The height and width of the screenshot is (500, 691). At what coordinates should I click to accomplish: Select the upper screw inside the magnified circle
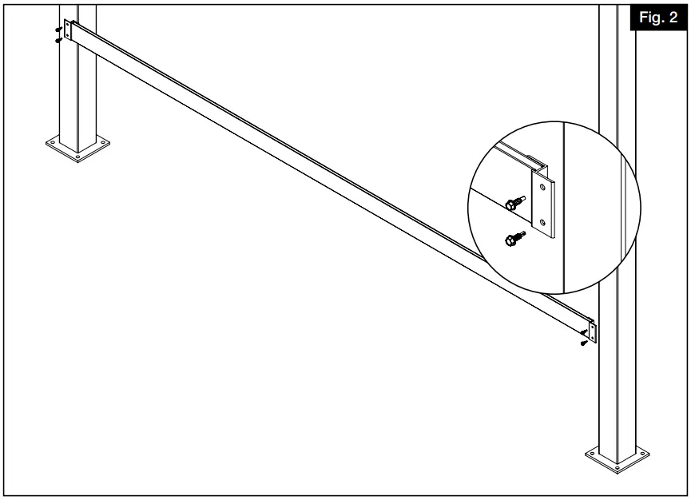click(514, 204)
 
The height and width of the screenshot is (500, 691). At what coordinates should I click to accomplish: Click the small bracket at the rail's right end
click(592, 330)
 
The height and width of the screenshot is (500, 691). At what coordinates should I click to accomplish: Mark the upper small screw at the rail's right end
click(586, 334)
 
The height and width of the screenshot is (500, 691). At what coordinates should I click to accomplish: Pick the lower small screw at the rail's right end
click(585, 343)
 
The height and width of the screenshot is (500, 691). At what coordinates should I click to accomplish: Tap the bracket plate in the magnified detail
click(543, 206)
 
